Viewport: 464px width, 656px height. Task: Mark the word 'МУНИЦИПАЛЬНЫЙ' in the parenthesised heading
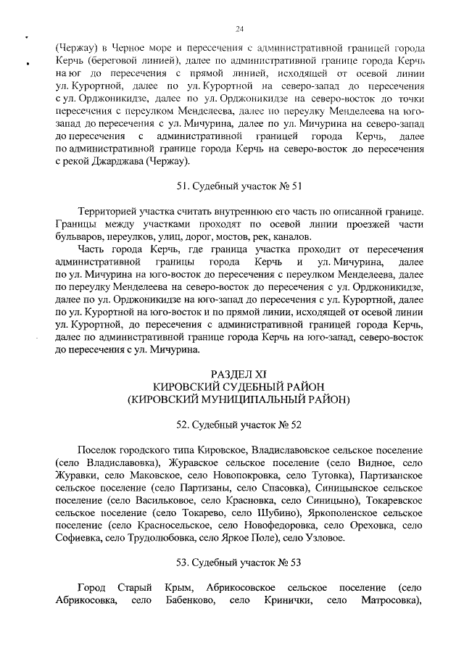(252, 399)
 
